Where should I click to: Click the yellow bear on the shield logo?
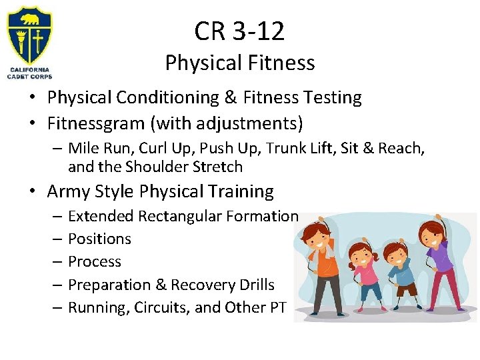pyautogui.click(x=30, y=19)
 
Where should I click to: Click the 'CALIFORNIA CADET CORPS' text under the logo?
pyautogui.click(x=29, y=72)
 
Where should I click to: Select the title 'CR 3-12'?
pyautogui.click(x=239, y=31)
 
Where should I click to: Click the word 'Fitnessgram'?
pyautogui.click(x=95, y=123)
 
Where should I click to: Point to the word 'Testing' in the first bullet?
pyautogui.click(x=331, y=98)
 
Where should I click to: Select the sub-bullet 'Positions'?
pyautogui.click(x=99, y=239)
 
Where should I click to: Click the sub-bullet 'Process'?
pyautogui.click(x=95, y=262)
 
